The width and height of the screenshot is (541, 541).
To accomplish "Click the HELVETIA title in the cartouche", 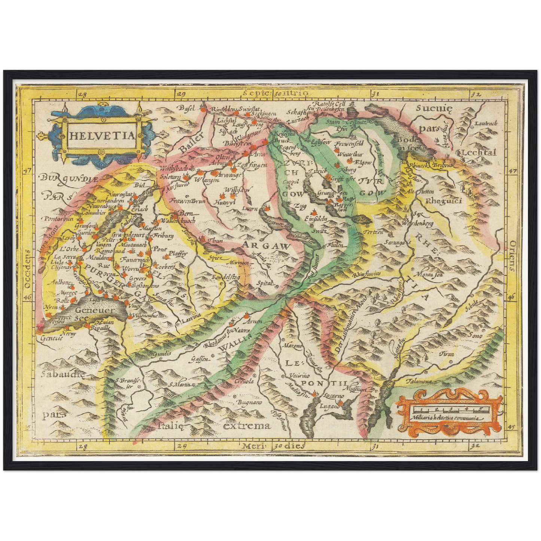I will (x=102, y=136).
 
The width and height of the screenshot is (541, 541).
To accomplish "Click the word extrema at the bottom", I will (x=247, y=426).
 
